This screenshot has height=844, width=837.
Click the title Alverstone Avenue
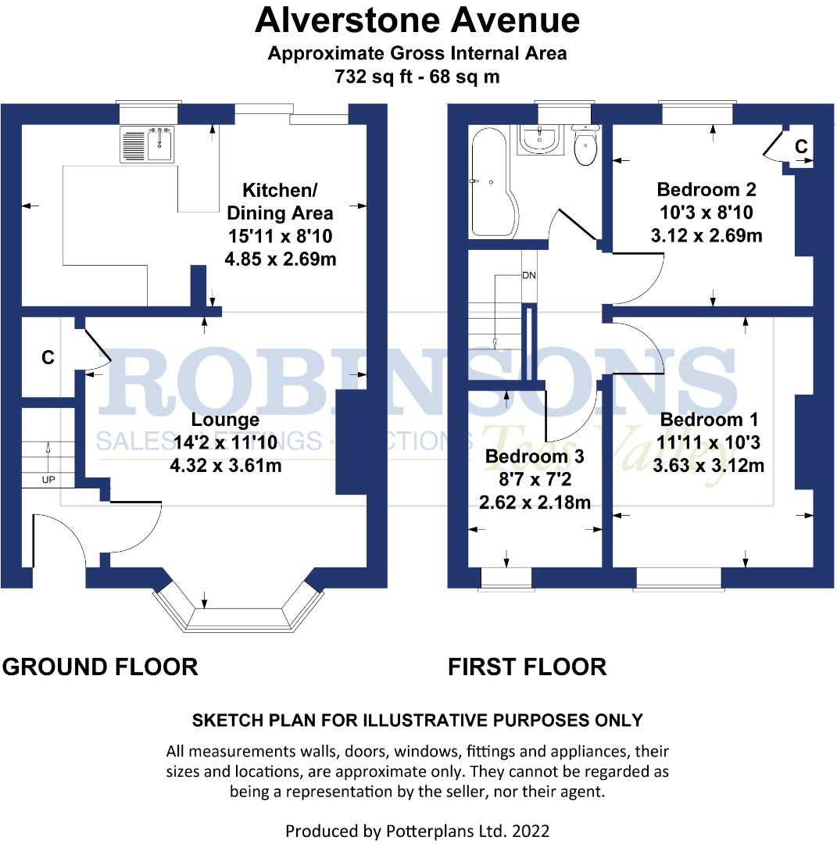[417, 21]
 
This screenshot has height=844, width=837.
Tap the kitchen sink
[148, 145]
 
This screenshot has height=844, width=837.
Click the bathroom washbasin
[540, 140]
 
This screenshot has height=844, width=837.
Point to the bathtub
[489, 184]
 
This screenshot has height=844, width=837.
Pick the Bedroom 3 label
[534, 456]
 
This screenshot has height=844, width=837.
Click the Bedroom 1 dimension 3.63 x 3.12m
[708, 467]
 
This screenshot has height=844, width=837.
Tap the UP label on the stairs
[48, 478]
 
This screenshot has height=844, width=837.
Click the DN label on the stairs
[529, 276]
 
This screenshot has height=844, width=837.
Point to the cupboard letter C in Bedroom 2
[801, 146]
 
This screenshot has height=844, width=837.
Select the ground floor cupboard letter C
[48, 358]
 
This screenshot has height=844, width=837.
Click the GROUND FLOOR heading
[100, 667]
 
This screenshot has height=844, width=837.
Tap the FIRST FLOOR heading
[527, 667]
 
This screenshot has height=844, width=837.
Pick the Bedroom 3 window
[505, 578]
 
